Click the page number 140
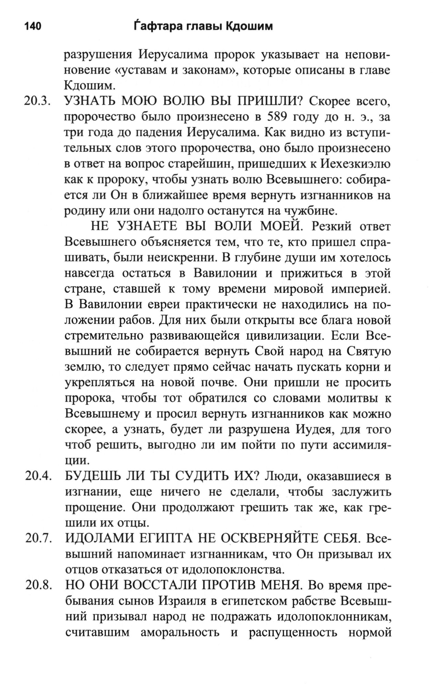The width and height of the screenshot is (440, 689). (x=33, y=27)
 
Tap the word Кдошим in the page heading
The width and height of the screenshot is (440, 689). (x=249, y=27)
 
